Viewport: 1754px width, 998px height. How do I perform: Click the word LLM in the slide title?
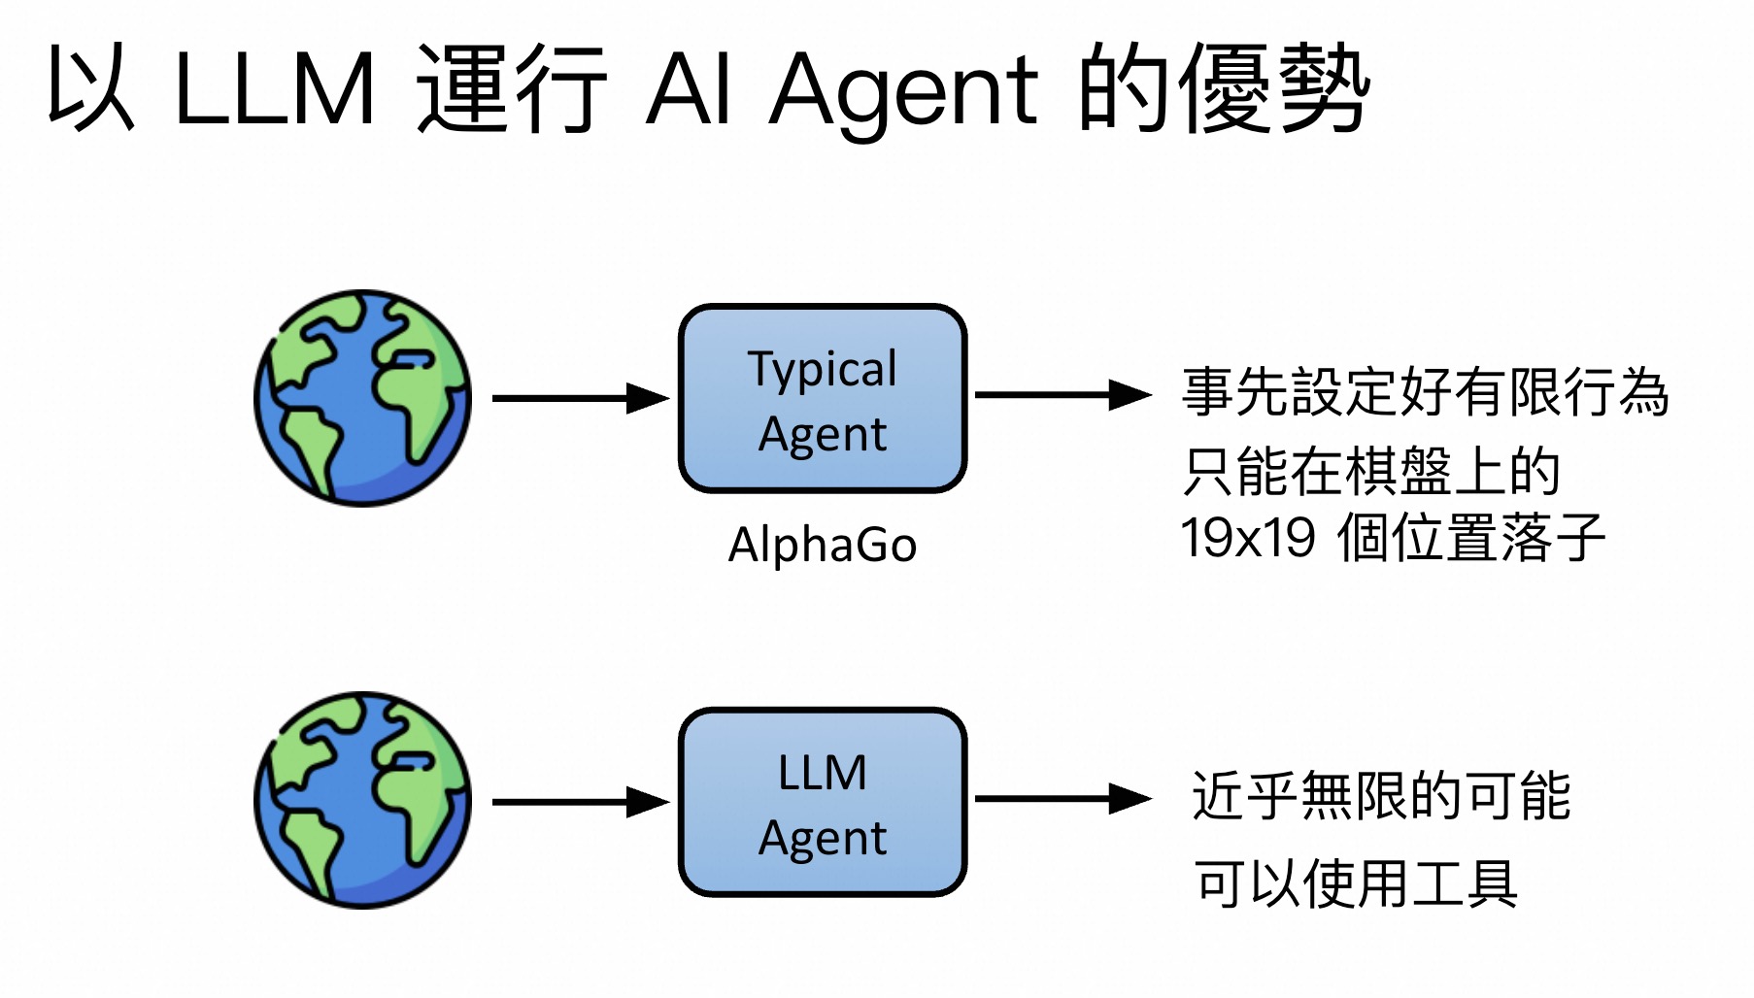(274, 89)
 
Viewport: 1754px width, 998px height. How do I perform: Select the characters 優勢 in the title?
(1274, 89)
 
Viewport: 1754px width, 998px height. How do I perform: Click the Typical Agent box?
(823, 399)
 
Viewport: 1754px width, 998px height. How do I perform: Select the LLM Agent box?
(823, 802)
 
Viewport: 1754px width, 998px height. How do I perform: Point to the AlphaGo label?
(823, 545)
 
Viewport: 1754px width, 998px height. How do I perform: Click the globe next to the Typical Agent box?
(362, 398)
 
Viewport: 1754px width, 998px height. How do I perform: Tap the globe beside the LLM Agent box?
(362, 800)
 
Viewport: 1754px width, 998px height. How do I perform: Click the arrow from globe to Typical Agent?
(580, 398)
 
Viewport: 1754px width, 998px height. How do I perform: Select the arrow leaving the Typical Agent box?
(1063, 395)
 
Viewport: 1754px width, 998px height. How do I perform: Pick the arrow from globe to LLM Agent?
(580, 802)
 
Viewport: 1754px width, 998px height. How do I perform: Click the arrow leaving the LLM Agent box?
(1063, 799)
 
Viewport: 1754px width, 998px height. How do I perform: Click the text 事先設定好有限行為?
(1425, 392)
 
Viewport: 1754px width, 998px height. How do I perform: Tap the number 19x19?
(1248, 537)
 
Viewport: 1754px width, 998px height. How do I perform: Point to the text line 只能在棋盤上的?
(1370, 472)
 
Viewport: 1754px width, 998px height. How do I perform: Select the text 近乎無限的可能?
(1381, 796)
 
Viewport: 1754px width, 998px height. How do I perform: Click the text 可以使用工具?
(1356, 884)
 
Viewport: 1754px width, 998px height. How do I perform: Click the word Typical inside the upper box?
(823, 369)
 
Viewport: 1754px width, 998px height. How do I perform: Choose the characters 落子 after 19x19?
(1552, 537)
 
